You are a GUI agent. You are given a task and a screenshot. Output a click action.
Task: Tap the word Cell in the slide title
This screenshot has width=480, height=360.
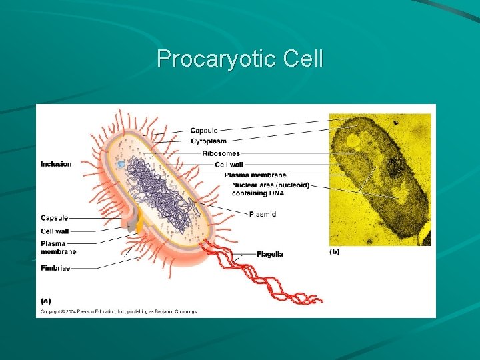pyautogui.click(x=303, y=59)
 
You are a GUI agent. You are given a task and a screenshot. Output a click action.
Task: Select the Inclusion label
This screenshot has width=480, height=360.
pyautogui.click(x=55, y=164)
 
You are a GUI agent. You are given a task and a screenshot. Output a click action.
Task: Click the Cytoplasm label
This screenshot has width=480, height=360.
pyautogui.click(x=209, y=141)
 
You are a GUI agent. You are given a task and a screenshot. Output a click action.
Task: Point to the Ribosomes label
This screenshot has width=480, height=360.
pyautogui.click(x=221, y=153)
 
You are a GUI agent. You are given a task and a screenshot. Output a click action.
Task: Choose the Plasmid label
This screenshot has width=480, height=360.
pyautogui.click(x=262, y=214)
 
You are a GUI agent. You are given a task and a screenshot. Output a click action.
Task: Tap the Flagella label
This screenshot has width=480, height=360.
pyautogui.click(x=270, y=254)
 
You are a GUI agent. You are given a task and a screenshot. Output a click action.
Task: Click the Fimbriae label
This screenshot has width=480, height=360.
pyautogui.click(x=55, y=268)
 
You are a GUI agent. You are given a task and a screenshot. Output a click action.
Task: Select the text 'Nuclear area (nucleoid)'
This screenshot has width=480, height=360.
pyautogui.click(x=270, y=185)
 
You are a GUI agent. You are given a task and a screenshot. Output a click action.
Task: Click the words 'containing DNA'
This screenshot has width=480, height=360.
pyautogui.click(x=257, y=193)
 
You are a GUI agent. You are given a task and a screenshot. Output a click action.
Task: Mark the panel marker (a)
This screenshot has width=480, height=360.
pyautogui.click(x=46, y=301)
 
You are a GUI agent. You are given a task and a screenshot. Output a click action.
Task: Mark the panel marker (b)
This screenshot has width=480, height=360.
pyautogui.click(x=335, y=252)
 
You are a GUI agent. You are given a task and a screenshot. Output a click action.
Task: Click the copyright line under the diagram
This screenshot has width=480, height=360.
pyautogui.click(x=119, y=311)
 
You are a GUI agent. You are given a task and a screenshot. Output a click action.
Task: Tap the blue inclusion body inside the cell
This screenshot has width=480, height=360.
pyautogui.click(x=121, y=164)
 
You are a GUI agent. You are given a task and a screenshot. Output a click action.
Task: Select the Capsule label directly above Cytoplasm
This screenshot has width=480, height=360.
pyautogui.click(x=203, y=130)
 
